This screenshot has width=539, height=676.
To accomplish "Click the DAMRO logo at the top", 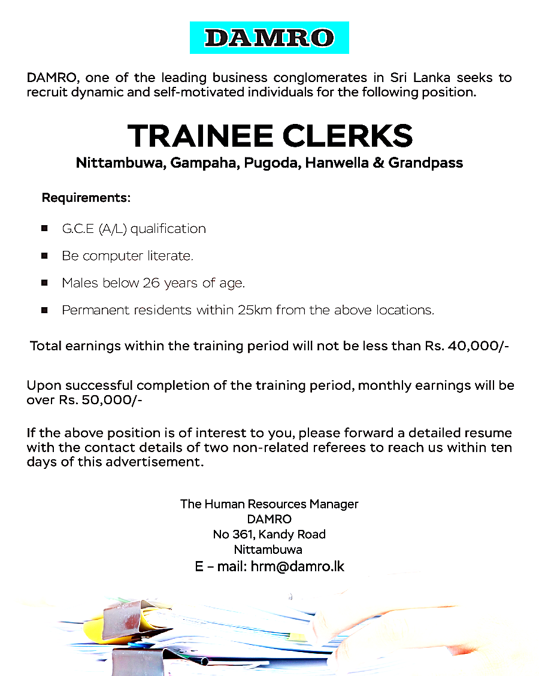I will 269,38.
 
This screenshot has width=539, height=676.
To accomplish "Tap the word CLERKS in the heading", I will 348,136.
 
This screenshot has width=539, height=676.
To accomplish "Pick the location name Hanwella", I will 337,163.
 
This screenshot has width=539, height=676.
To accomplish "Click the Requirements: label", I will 86,197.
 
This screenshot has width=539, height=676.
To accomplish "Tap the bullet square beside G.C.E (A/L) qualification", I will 45,229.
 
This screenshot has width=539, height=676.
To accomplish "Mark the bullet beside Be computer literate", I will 45,256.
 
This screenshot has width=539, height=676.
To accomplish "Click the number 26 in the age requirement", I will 150,283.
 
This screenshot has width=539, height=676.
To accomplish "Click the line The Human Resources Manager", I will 269,504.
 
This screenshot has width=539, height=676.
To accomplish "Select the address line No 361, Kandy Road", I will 269,534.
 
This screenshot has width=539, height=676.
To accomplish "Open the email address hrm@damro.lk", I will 298,566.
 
